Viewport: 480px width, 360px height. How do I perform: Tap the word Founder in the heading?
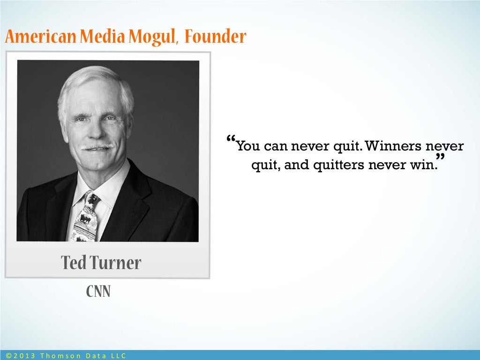[x=215, y=37]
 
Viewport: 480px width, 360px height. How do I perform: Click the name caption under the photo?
[x=101, y=263]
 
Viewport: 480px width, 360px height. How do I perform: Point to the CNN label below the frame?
[x=98, y=292]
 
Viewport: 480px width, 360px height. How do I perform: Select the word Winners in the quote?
[x=392, y=147]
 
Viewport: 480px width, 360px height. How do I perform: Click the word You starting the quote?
[x=248, y=147]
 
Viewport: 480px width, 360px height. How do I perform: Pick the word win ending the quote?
[x=426, y=165]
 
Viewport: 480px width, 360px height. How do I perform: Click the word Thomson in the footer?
[x=60, y=356]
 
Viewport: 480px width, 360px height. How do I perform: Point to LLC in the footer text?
[x=119, y=356]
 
